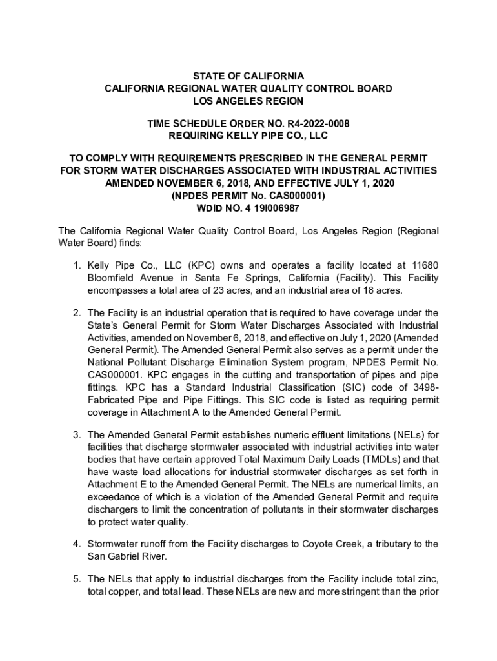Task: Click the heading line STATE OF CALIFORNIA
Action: (x=249, y=76)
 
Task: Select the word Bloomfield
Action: (x=110, y=278)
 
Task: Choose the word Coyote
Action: (x=317, y=544)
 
